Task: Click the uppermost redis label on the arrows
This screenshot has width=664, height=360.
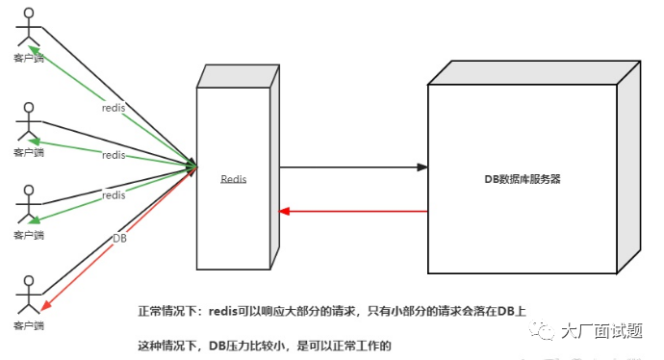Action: [x=114, y=108]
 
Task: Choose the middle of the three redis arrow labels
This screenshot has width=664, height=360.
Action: [x=114, y=155]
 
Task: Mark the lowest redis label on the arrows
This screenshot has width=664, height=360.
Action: [x=114, y=195]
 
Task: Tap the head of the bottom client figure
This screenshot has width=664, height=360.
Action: [x=29, y=279]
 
